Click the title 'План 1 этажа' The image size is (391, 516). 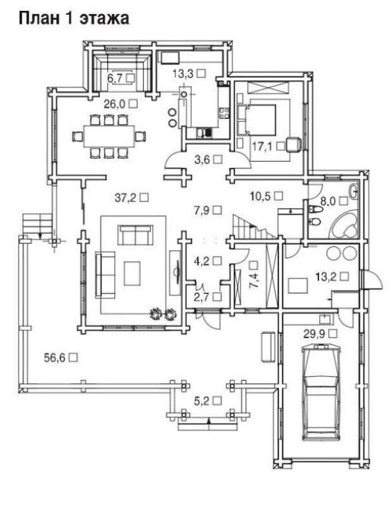click(x=74, y=18)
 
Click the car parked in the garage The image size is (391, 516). click(x=321, y=392)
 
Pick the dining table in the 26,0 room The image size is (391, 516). click(x=109, y=136)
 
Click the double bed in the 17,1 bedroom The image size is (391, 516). click(x=256, y=120)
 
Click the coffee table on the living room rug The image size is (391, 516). click(x=132, y=273)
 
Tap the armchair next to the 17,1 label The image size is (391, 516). click(x=293, y=145)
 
